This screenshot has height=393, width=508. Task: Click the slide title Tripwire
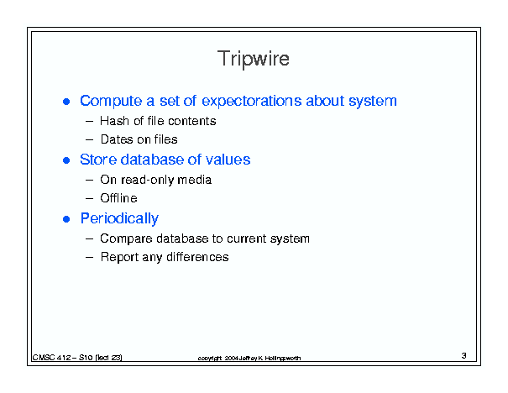click(254, 59)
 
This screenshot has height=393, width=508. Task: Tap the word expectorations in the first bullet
click(251, 101)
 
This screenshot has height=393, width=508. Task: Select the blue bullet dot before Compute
click(66, 102)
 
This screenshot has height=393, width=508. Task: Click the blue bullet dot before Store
click(66, 160)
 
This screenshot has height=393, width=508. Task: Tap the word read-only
click(148, 180)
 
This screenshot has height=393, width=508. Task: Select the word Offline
click(118, 198)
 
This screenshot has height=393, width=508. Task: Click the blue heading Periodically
click(119, 218)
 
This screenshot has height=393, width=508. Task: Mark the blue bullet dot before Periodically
click(66, 219)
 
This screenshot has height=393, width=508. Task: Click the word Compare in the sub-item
click(126, 238)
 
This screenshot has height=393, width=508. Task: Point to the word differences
click(197, 257)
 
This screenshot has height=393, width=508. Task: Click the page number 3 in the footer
click(464, 356)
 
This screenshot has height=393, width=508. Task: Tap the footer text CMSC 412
click(51, 358)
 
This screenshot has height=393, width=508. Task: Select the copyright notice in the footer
click(249, 358)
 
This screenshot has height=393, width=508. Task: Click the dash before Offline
click(89, 199)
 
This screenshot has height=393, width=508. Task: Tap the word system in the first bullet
click(373, 102)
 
